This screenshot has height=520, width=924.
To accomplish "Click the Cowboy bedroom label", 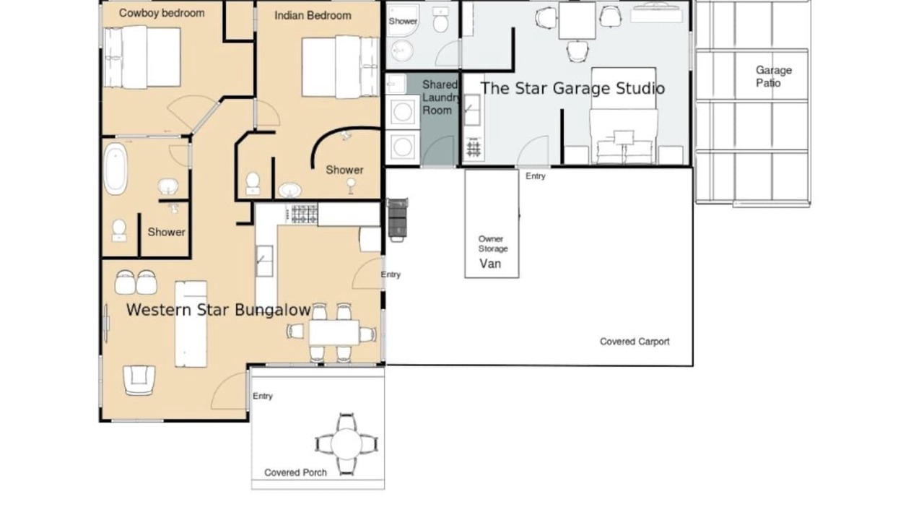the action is click(x=162, y=13).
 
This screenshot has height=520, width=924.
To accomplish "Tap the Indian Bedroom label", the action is click(x=313, y=16).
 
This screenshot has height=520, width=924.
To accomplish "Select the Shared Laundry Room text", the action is click(x=440, y=97).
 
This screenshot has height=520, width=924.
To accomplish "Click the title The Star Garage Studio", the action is click(x=573, y=88).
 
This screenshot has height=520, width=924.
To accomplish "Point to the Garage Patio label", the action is click(x=773, y=77).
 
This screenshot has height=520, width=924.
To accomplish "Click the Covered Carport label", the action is click(x=635, y=342).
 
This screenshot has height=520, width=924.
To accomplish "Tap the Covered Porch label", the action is click(x=295, y=472).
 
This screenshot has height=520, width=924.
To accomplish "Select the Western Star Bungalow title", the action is click(x=218, y=310).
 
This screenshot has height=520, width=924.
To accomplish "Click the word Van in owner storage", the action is click(x=490, y=264).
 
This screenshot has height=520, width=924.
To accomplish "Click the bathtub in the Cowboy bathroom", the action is click(x=115, y=169).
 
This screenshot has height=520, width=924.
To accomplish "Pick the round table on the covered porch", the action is click(x=346, y=444).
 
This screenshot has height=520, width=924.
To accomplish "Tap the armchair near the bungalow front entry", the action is click(x=139, y=380).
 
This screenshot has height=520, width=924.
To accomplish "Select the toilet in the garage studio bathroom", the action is click(x=440, y=19).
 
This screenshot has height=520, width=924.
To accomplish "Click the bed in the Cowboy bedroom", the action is click(x=142, y=57).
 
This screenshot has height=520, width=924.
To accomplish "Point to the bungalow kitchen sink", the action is click(x=264, y=261).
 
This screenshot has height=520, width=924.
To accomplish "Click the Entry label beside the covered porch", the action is click(x=263, y=396).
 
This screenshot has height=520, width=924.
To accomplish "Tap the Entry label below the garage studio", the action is click(x=536, y=176).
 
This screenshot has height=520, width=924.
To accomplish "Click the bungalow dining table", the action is click(x=334, y=333).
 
